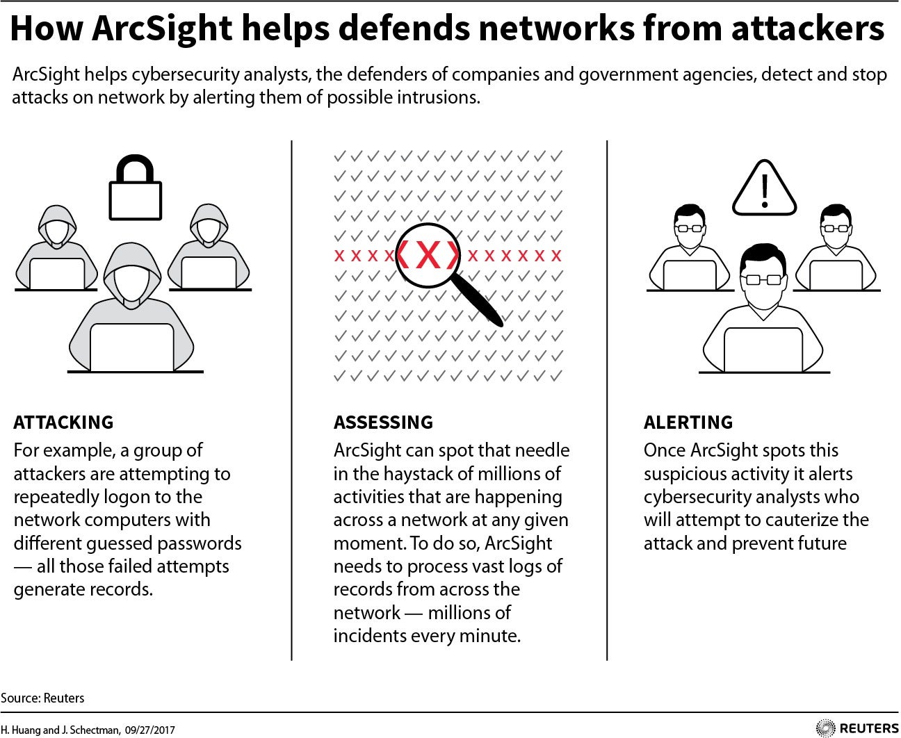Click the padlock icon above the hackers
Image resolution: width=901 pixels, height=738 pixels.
point(135,188)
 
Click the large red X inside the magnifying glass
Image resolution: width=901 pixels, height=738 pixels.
point(428,255)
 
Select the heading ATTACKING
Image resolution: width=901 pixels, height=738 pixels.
point(63,422)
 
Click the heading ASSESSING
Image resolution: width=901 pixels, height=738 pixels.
point(383,422)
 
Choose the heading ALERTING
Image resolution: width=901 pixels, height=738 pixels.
point(688,422)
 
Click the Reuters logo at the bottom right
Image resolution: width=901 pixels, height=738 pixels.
point(857,728)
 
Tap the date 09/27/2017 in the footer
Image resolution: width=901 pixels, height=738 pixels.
point(150,730)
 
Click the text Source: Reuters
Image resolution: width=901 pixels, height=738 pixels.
point(42,698)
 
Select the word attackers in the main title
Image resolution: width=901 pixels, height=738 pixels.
point(807,28)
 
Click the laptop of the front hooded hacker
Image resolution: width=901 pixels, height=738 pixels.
point(132,347)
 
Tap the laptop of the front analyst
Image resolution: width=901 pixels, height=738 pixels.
point(763,350)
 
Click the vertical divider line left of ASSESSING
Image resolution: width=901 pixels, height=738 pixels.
point(292,400)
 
